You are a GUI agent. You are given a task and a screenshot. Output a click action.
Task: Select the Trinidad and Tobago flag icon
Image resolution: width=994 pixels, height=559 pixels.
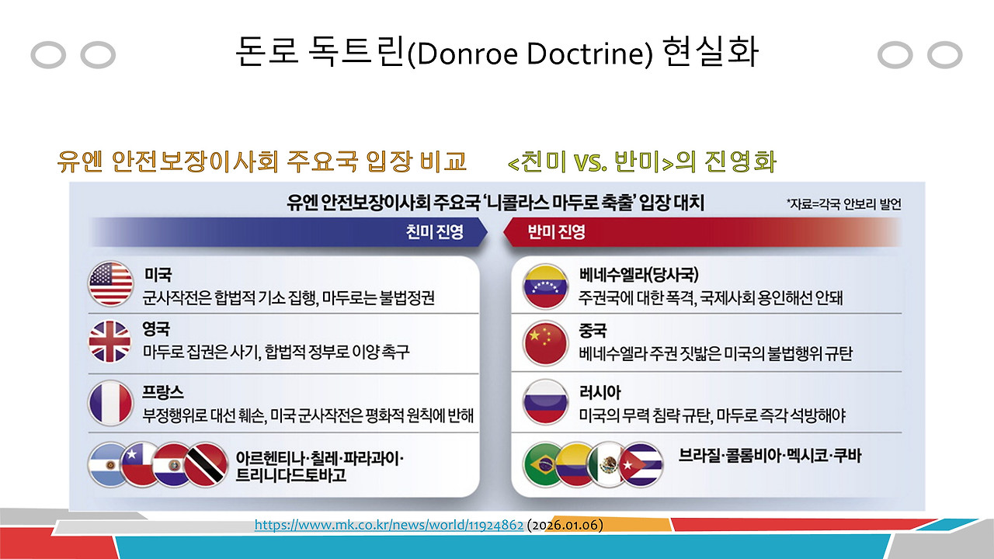pos(204,465)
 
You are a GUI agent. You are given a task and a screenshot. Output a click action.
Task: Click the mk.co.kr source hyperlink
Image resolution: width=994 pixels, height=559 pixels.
pos(389,526)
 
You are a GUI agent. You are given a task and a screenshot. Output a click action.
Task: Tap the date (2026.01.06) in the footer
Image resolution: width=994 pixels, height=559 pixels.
pos(565,526)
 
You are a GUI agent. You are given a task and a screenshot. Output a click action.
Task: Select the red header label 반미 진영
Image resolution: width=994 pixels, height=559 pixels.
pos(556,231)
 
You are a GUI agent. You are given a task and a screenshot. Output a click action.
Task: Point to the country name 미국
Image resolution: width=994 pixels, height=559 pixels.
pos(158,276)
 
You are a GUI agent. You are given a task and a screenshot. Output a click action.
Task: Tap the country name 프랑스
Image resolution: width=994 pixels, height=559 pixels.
pos(164,392)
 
